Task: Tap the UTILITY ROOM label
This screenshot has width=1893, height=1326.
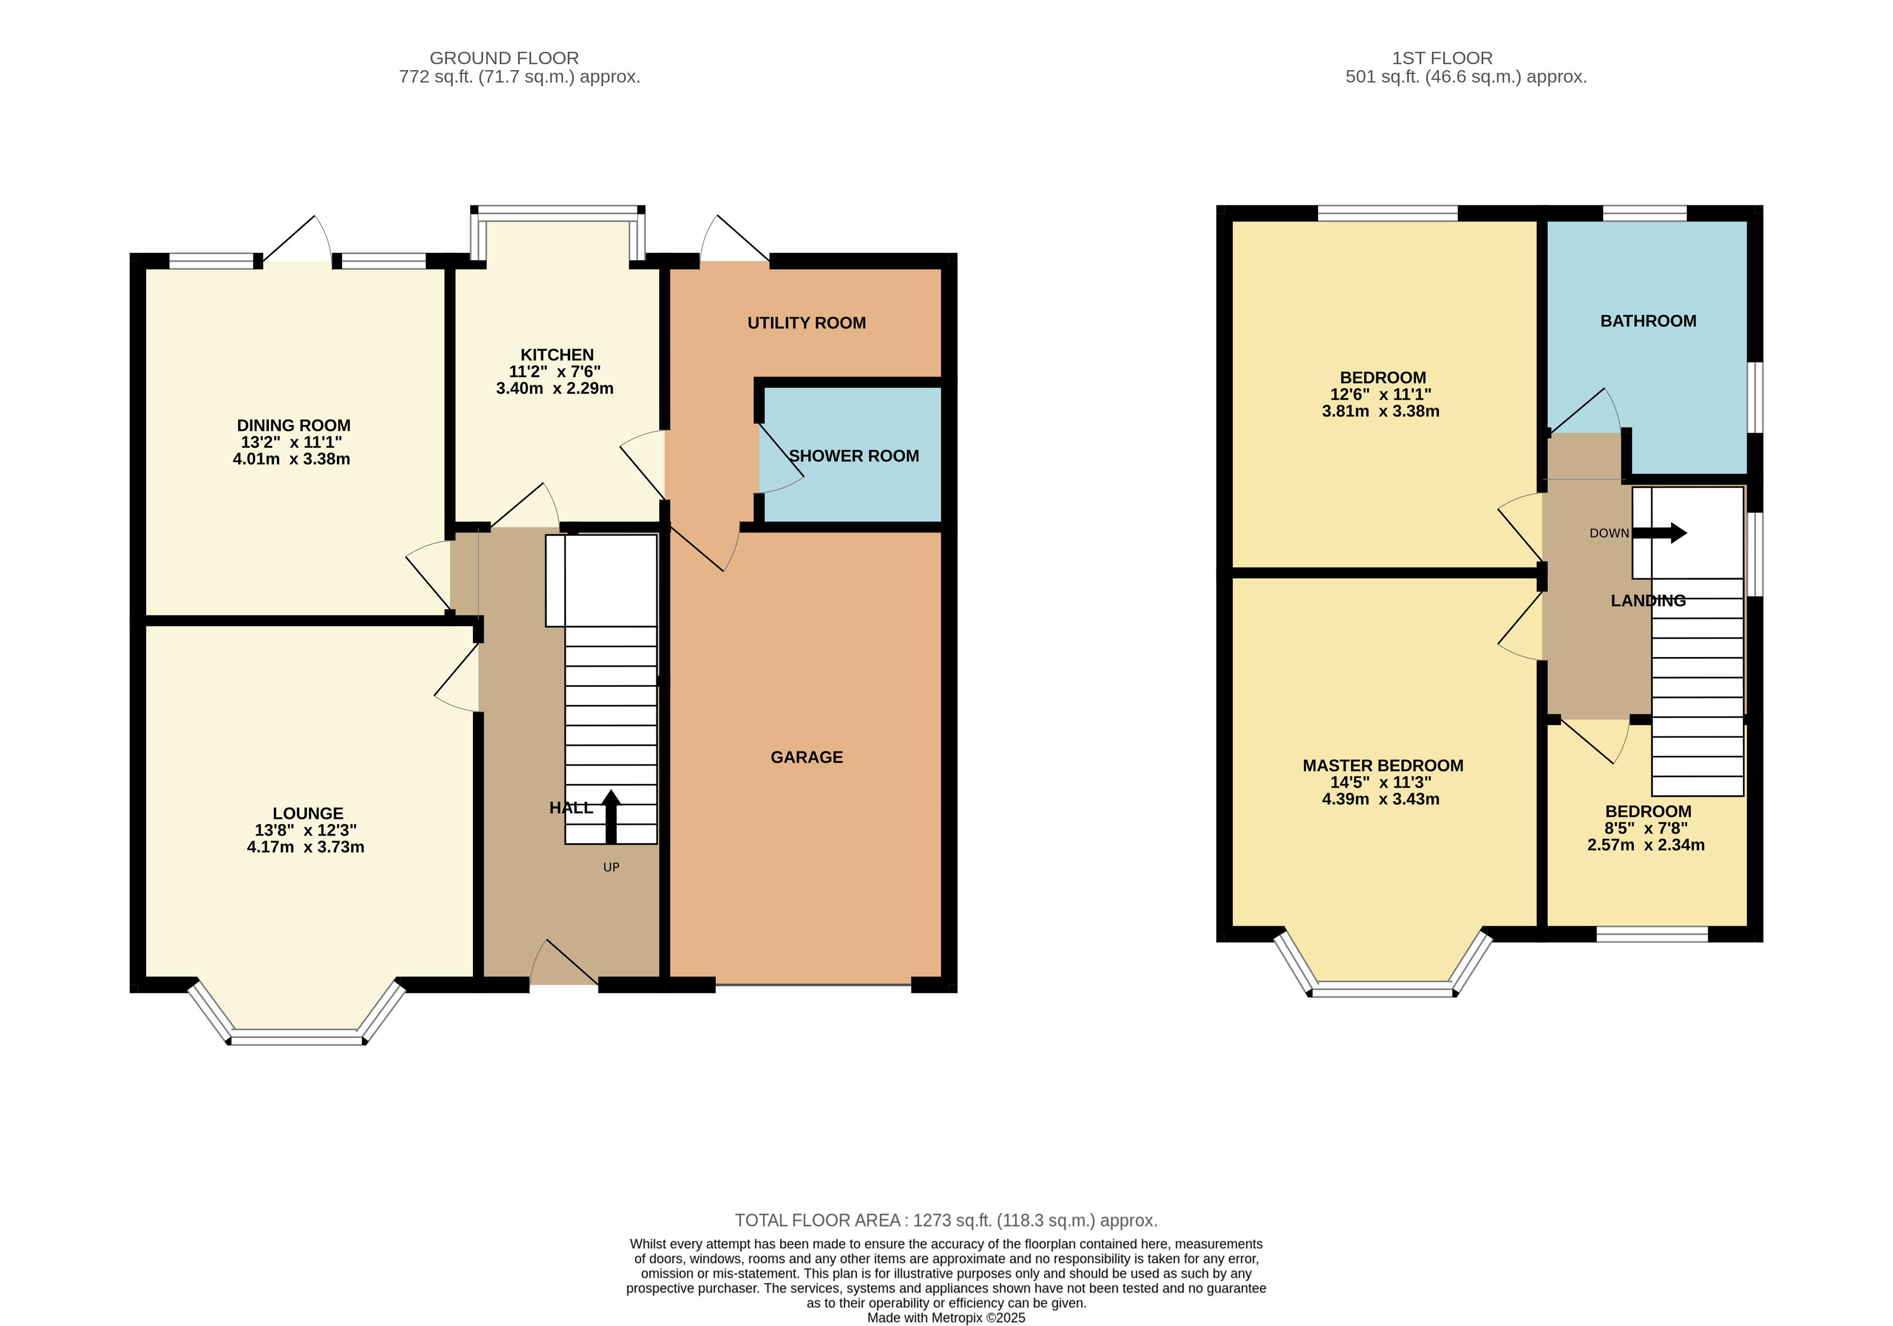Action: (x=806, y=323)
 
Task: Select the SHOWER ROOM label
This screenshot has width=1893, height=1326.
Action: (x=853, y=456)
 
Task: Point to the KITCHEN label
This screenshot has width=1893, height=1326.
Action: (x=557, y=355)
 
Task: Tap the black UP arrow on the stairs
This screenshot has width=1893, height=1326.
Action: (x=611, y=816)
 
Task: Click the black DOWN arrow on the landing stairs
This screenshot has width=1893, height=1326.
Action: (x=1660, y=532)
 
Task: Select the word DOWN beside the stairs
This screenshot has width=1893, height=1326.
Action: (x=1610, y=533)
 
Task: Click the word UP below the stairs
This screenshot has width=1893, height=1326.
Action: (x=611, y=867)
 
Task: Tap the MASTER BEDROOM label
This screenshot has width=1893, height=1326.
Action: (x=1383, y=765)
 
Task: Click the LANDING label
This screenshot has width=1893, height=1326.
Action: (x=1648, y=601)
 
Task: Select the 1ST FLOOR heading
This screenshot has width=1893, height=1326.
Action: (x=1442, y=58)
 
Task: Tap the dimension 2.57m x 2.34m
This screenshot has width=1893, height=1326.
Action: (x=1646, y=845)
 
